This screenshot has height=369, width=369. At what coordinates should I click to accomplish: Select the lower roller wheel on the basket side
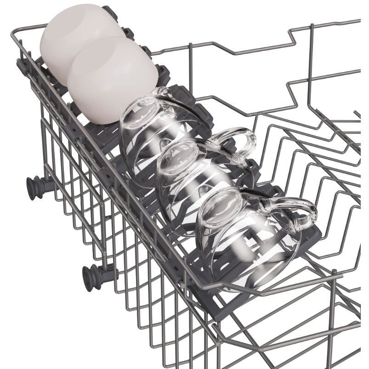click(x=89, y=276)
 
